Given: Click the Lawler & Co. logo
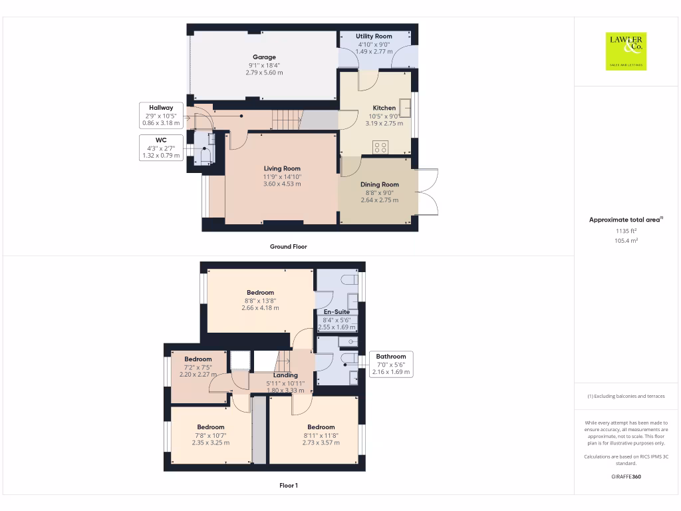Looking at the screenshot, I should click(626, 51).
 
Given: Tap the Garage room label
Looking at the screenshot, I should click(264, 57).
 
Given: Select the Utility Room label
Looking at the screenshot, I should click(374, 36).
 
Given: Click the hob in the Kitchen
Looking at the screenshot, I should click(380, 148).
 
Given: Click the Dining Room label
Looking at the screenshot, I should click(380, 184).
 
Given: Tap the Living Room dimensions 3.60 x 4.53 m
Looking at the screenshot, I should click(282, 184).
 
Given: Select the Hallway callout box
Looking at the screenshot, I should click(161, 115).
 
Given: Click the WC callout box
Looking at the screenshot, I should click(161, 148).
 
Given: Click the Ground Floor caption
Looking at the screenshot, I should click(289, 246).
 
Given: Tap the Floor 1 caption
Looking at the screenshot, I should click(289, 486).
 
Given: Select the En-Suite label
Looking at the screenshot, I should click(337, 311).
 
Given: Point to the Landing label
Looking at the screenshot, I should click(285, 375).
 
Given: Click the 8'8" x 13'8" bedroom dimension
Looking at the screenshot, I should click(260, 301).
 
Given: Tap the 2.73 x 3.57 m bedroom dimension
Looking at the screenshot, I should click(321, 442).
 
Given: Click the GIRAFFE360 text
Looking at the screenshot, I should click(626, 476).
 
